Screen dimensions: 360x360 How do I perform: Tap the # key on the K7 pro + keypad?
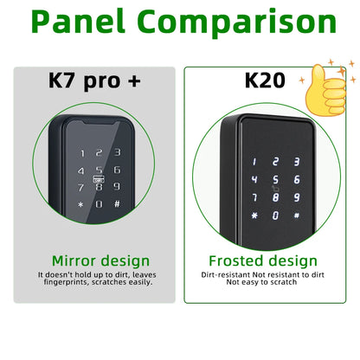pos(117,204)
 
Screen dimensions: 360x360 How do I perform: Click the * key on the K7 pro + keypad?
pos(80,205)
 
